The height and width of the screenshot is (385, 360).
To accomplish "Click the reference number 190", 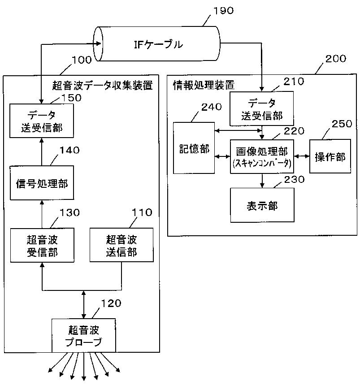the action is point(223,11).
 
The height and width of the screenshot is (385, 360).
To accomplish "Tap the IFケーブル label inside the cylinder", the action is point(158,44).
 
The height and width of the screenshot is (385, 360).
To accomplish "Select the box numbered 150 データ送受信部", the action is point(42,121).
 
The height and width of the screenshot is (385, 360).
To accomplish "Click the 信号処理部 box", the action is point(42,183).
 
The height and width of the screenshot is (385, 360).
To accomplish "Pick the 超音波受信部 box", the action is point(42,245).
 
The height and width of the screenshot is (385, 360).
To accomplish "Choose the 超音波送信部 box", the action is point(121,245).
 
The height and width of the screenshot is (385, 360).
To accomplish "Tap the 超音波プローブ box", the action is point(83,335).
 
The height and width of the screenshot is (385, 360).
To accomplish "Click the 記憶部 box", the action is point(194,148).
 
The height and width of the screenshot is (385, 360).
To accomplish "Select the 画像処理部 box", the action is point(262,157).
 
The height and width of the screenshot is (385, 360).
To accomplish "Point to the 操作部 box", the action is point(330,156).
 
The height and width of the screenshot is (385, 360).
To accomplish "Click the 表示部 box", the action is point(262,205).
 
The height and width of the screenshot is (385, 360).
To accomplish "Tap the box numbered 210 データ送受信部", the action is point(261,108).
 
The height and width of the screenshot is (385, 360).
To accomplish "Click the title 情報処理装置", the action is point(204,85).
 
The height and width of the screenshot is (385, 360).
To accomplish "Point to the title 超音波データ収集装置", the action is point(102,85).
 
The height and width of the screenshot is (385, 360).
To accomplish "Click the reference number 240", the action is point(212,107).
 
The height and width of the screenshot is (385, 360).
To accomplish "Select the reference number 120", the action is point(111,303).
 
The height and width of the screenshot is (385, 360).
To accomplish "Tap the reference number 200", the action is point(336,59).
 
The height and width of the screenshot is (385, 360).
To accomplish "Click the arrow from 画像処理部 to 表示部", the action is point(262,181).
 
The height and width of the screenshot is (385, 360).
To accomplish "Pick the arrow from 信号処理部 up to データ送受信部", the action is point(42,152).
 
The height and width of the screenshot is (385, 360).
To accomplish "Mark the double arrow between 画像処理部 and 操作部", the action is point(302,156).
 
